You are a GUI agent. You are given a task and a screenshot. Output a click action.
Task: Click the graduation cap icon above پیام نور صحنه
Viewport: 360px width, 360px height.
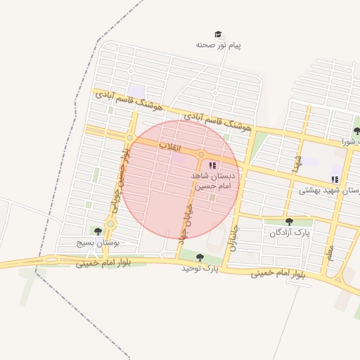[x=218, y=34]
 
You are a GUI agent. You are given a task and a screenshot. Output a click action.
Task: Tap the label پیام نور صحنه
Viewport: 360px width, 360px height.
[x=219, y=45]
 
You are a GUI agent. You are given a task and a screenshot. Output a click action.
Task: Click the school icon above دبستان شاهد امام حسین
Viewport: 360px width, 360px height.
[x=212, y=165]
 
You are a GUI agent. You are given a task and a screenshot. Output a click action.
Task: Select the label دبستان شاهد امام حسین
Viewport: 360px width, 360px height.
[x=217, y=181]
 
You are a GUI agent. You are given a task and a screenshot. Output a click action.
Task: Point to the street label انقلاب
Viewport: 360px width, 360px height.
[x=170, y=147]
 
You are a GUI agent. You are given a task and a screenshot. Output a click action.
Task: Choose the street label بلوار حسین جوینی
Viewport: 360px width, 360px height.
[x=118, y=179]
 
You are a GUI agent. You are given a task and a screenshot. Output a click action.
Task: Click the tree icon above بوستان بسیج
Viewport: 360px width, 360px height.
[x=97, y=231]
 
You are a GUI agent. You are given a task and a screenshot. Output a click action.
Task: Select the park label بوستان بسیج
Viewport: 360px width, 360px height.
[x=98, y=242]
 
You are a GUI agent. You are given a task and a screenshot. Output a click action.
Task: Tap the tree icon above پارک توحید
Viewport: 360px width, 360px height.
[x=200, y=257]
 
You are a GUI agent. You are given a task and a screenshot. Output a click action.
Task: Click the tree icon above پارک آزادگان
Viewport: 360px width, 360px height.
[x=289, y=221]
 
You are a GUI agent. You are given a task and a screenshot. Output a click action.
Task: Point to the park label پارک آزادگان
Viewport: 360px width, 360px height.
[x=292, y=232]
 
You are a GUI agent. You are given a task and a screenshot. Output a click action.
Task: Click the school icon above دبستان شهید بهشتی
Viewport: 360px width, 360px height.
[x=335, y=179]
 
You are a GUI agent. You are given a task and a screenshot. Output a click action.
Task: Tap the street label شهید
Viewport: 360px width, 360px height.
[x=298, y=166]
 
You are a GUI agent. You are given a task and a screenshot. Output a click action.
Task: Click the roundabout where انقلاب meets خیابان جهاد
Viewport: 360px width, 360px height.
[x=201, y=155]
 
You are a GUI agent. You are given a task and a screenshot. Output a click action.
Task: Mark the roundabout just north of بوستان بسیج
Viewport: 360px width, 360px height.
[x=110, y=224]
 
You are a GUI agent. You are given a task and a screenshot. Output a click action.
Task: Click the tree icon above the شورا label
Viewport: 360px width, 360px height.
[x=356, y=130]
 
